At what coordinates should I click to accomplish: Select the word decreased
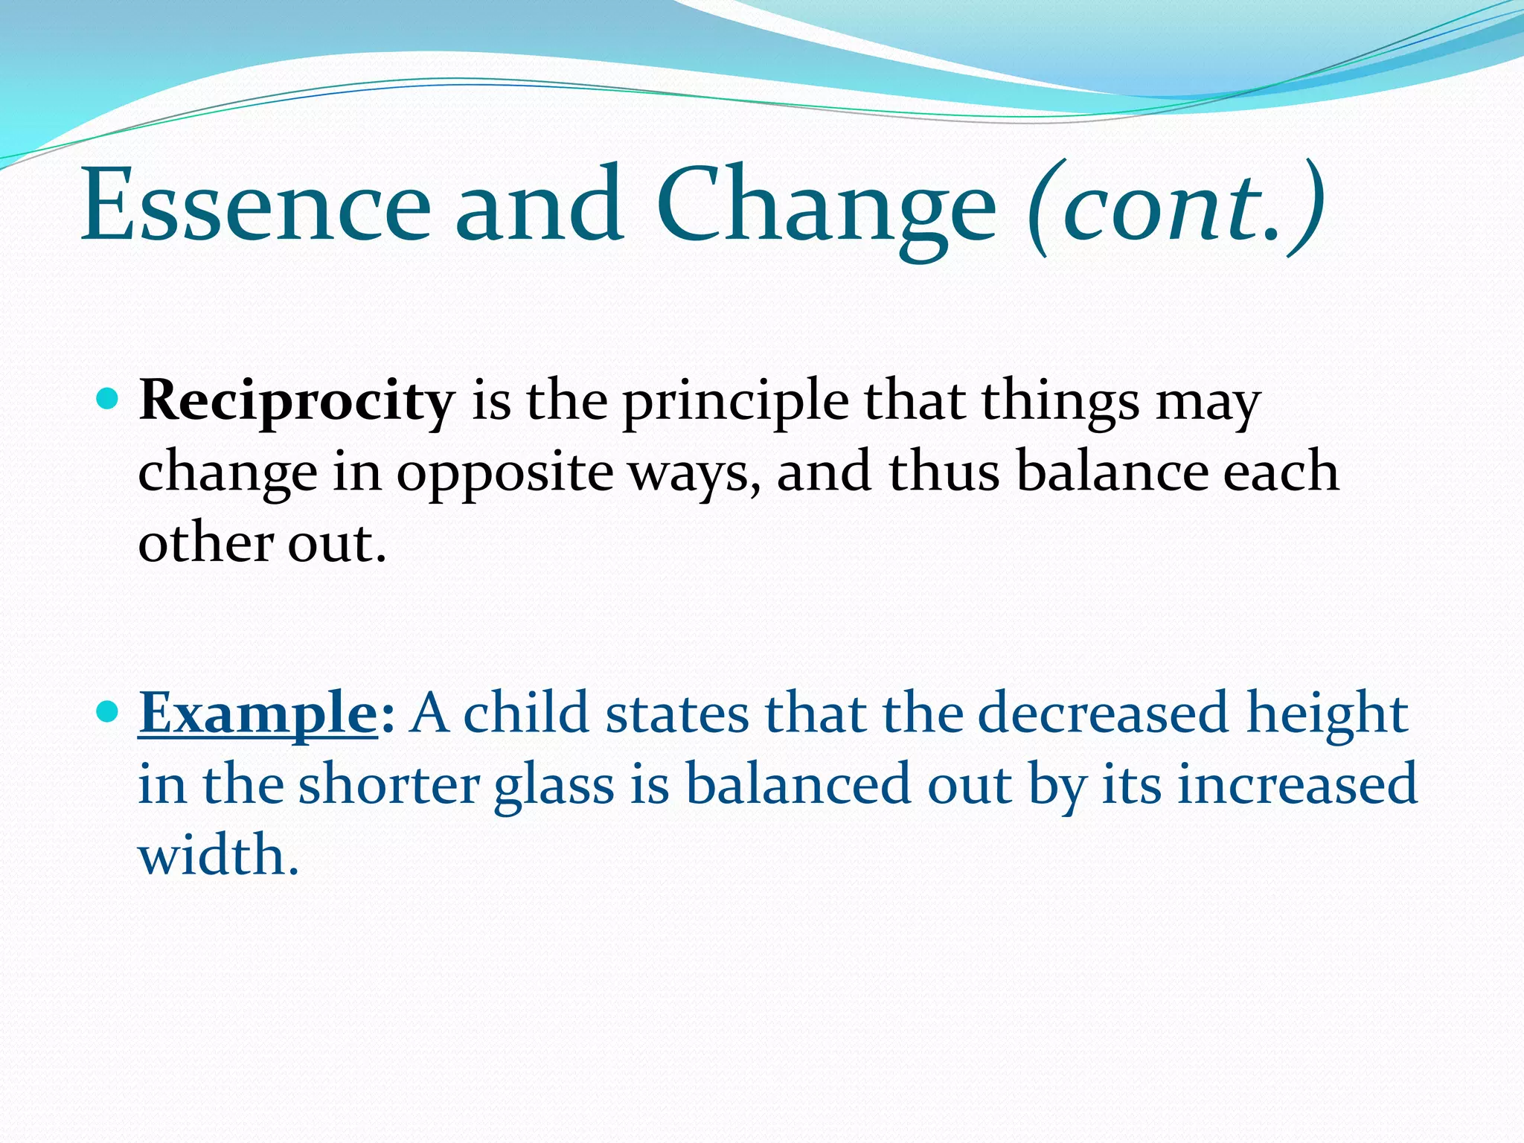(1102, 713)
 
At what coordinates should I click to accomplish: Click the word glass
(554, 786)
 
